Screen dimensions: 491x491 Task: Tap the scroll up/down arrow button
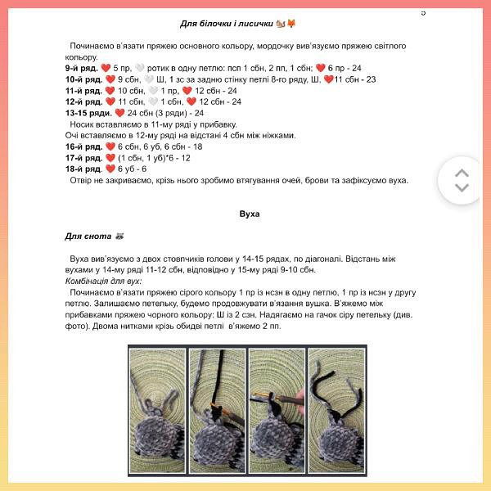pos(462,180)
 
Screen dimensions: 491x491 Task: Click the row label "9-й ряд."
pos(81,68)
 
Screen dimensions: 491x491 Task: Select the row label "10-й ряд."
pos(83,79)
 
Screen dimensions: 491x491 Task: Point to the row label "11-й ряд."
pos(83,91)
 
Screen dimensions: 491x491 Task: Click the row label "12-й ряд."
pos(83,101)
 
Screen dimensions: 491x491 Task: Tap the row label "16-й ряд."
pos(83,146)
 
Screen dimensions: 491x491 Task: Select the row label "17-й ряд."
pos(83,158)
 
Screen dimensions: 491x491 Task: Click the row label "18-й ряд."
pos(83,169)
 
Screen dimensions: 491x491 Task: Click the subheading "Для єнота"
pos(88,236)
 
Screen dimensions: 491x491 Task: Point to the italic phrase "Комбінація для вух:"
pos(103,282)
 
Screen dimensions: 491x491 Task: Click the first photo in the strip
pos(157,411)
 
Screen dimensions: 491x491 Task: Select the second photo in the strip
pos(217,411)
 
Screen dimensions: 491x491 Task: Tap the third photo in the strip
pos(277,411)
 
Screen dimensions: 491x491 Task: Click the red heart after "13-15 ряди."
pos(119,113)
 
